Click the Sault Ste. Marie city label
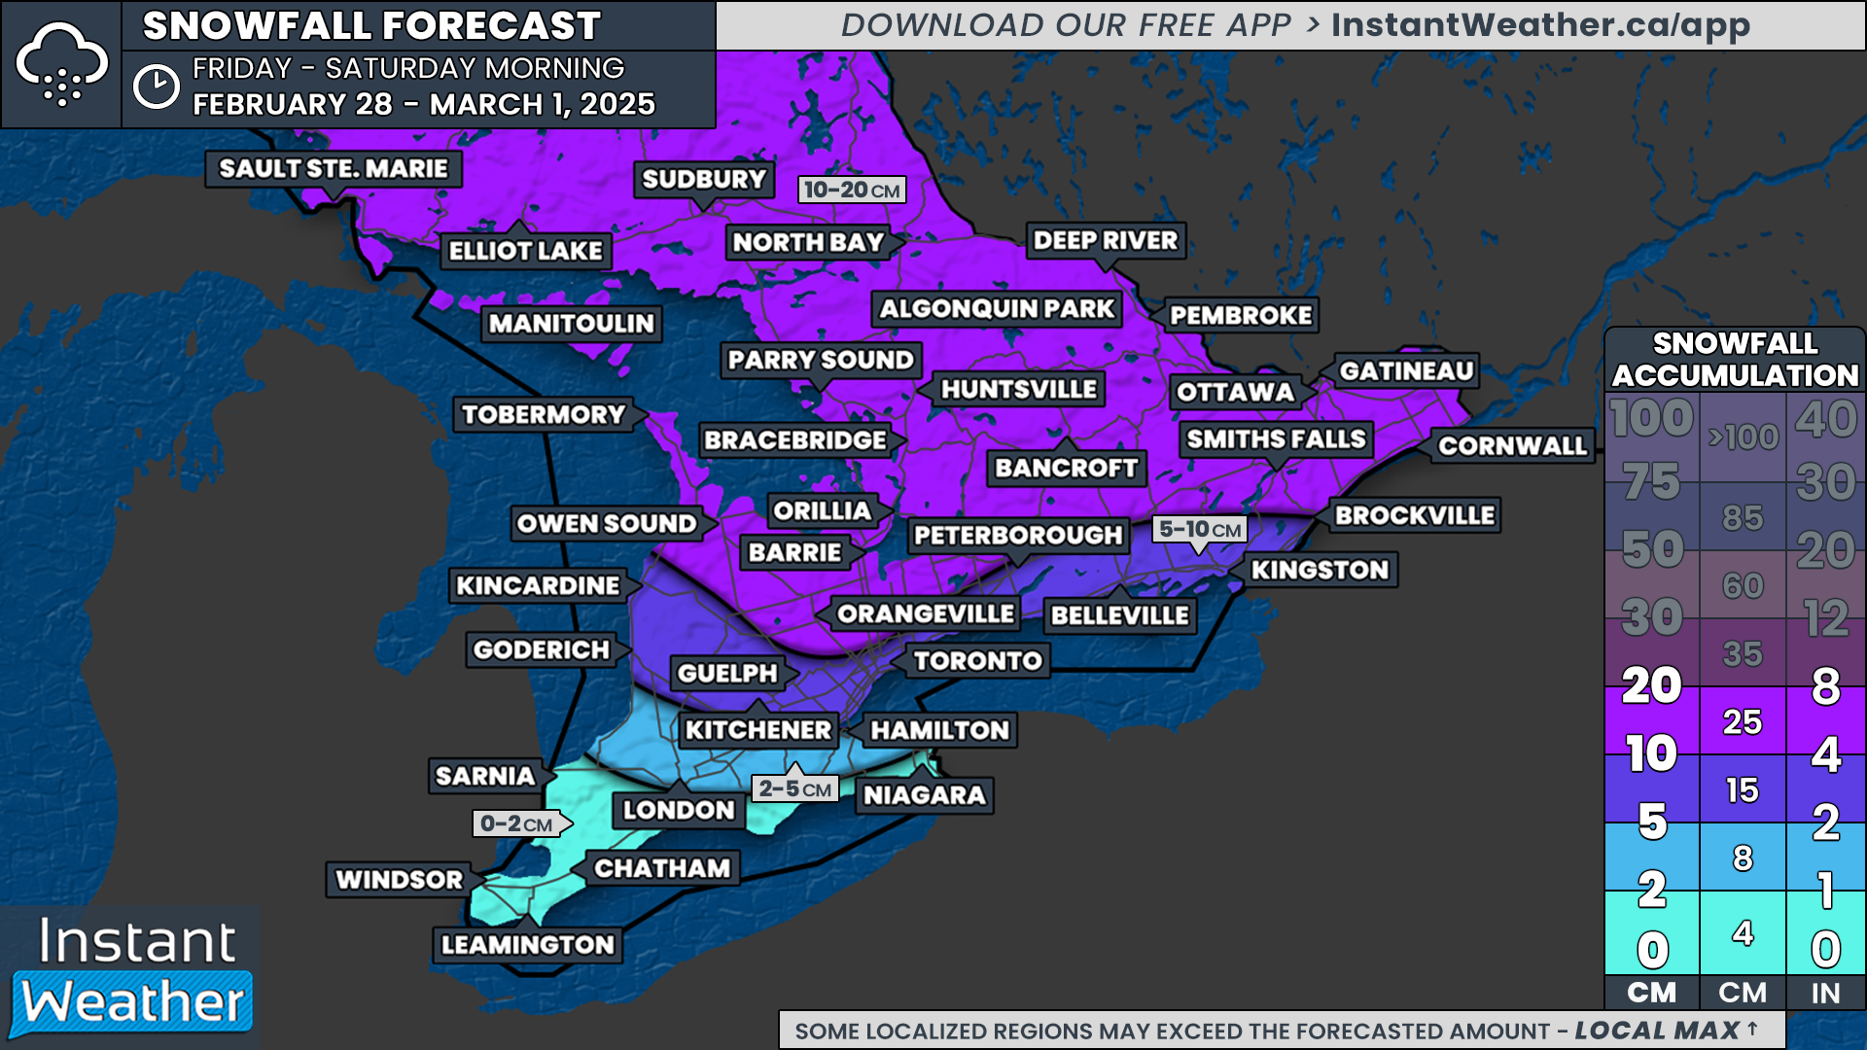(x=334, y=169)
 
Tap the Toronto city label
(x=977, y=661)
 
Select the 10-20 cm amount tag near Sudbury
(x=852, y=190)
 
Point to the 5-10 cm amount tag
(x=1200, y=530)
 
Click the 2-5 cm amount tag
(x=794, y=788)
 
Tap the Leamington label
(x=527, y=945)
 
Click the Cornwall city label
(x=1512, y=446)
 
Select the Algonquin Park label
(x=997, y=309)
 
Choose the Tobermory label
(x=544, y=415)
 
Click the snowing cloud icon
(x=61, y=64)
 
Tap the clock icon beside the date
(x=157, y=87)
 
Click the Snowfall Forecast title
(x=371, y=26)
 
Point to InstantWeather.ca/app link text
(x=1540, y=25)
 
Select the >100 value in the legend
(x=1743, y=437)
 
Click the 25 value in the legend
(x=1742, y=722)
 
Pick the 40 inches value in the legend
(x=1825, y=420)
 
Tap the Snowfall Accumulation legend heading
(x=1735, y=359)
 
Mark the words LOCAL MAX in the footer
(x=1657, y=1031)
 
